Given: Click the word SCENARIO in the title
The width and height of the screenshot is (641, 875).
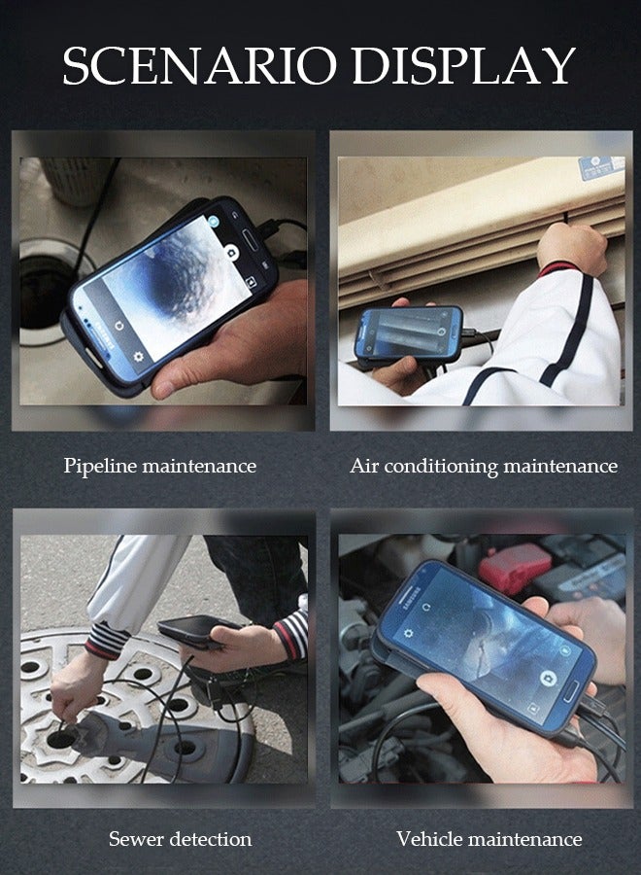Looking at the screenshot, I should pos(200,66).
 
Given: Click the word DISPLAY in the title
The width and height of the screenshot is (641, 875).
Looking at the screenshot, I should pos(463,66).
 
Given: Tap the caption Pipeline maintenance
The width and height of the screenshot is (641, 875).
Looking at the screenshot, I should pos(160,466).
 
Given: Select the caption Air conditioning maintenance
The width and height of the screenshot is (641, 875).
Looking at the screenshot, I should pos(483,466).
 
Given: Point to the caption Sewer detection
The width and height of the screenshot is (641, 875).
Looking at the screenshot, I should pos(180,838).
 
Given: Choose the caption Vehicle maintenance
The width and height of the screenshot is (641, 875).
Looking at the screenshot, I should pos(489,838).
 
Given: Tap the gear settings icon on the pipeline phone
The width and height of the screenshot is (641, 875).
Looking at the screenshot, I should pos(138,357).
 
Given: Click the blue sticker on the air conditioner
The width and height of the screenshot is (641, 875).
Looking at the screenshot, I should pos(601,166).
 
